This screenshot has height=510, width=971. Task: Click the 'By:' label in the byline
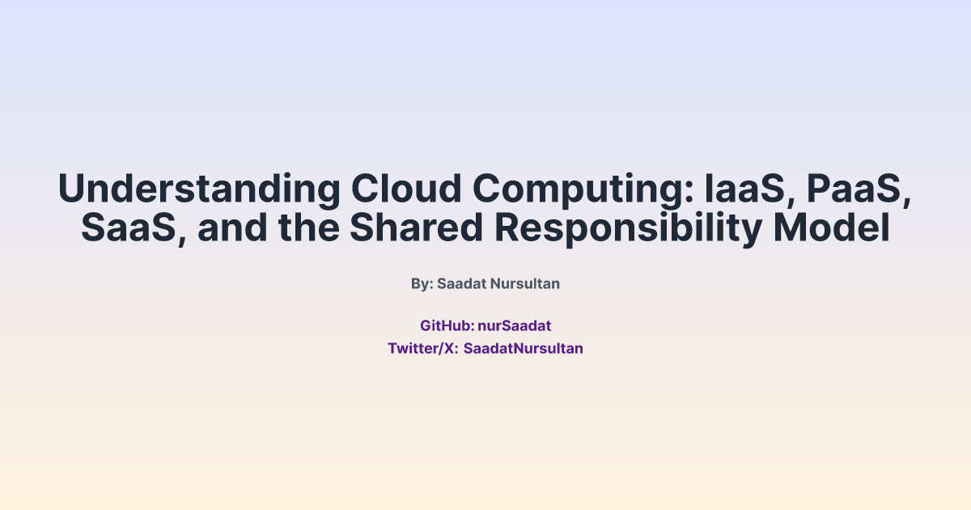tap(422, 284)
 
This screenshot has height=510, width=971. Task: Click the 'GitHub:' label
tap(447, 326)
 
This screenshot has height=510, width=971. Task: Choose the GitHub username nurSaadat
tap(515, 326)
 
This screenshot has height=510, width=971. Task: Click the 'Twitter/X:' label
tap(422, 349)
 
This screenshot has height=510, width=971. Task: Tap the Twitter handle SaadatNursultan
tap(524, 349)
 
